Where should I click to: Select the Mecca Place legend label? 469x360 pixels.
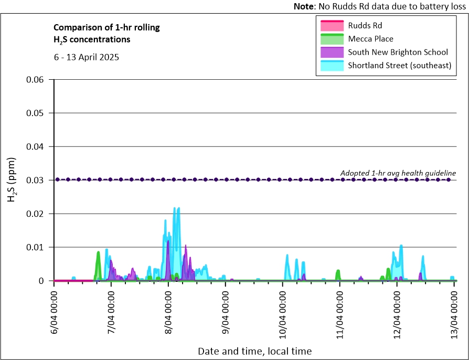(x=370, y=38)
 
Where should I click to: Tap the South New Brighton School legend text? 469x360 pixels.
(x=398, y=52)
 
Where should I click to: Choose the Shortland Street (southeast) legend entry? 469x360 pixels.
(x=400, y=66)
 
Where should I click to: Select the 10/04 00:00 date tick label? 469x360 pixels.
(x=283, y=312)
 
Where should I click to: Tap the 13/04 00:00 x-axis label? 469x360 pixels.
(x=455, y=312)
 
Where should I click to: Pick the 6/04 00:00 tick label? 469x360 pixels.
(x=55, y=312)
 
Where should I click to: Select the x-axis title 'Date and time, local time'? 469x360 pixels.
(x=254, y=351)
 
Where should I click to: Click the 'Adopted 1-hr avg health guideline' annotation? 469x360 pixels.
(x=398, y=173)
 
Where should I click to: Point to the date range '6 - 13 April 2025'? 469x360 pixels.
(x=87, y=57)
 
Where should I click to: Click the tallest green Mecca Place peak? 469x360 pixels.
(x=98, y=253)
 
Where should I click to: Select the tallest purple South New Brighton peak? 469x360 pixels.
(x=168, y=241)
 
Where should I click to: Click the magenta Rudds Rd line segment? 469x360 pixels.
(x=73, y=281)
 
